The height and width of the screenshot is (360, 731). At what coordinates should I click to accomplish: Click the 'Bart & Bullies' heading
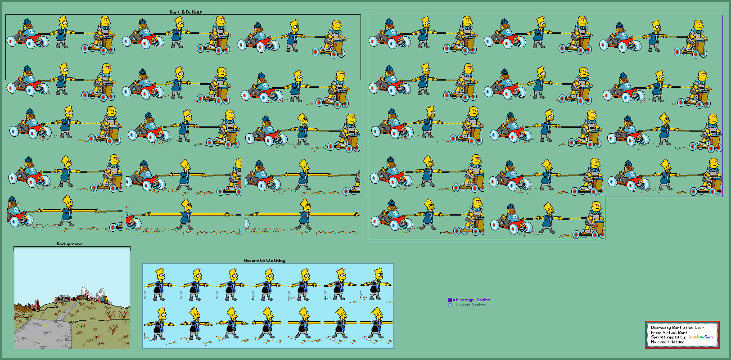pos(185,12)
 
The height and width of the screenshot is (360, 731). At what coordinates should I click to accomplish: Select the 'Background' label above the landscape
pos(69,244)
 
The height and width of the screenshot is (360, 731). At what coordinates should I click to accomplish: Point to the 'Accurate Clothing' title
pos(265,260)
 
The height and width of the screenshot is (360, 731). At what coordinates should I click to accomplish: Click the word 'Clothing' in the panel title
pos(275,260)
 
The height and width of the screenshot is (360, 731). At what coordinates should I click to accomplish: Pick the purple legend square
pos(450,300)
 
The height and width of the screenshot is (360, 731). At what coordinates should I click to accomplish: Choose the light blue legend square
pos(450,305)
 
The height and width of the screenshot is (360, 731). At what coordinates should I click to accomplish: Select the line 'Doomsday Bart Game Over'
pos(677,328)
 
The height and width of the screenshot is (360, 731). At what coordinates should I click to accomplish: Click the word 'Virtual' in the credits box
pos(670,333)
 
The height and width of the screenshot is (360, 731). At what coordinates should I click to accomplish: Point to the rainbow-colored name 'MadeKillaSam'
pos(700,337)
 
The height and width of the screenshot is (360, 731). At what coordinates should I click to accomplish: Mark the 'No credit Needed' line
pos(668,342)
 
